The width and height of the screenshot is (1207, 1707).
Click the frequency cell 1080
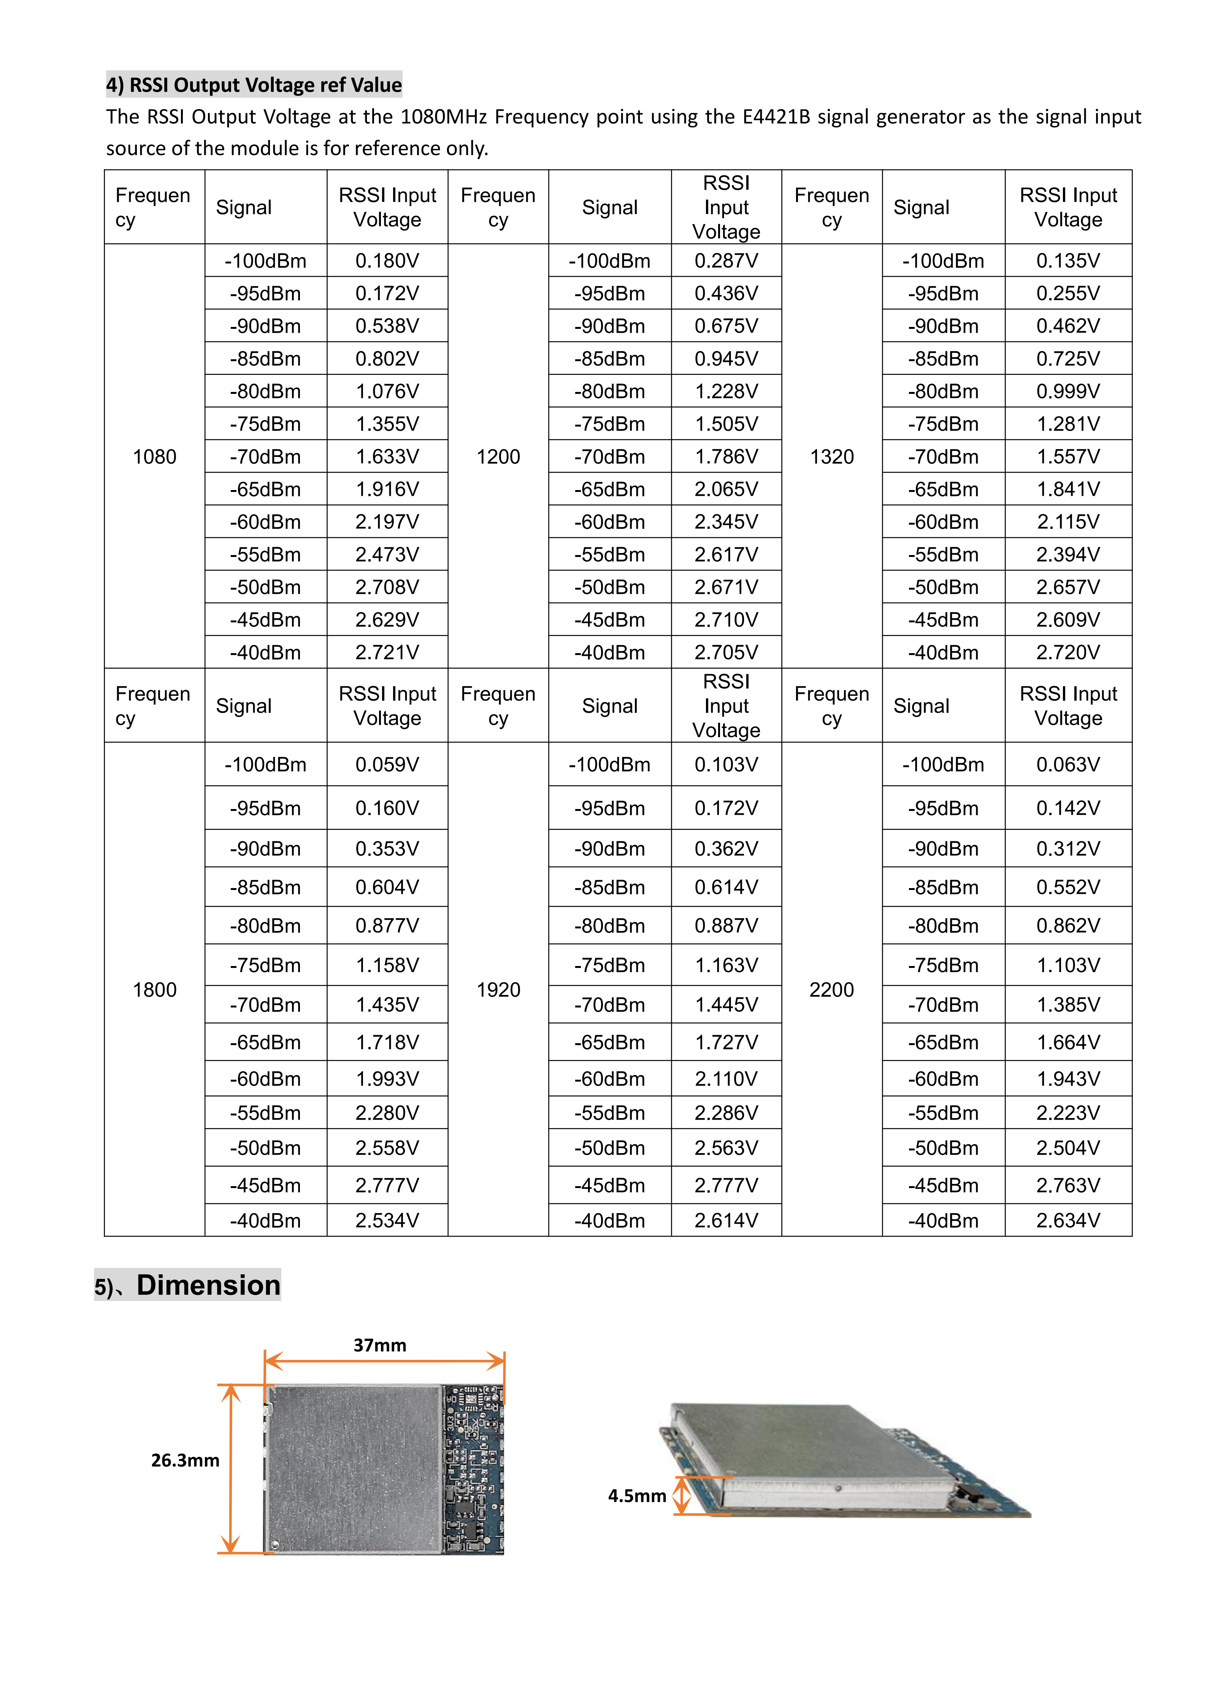pos(155,457)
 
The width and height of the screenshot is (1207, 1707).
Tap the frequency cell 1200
pos(498,457)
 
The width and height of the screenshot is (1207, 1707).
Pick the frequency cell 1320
pos(832,457)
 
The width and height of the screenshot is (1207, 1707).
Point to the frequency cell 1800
pos(155,990)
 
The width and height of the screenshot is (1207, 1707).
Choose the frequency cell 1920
pos(498,990)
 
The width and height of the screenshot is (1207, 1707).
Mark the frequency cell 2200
pos(832,990)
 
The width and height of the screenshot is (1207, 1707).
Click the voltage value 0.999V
pos(1068,391)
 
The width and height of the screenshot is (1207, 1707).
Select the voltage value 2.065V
pos(726,489)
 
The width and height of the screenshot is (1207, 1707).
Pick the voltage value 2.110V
pos(726,1079)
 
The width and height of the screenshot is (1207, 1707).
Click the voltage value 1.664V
pos(1068,1042)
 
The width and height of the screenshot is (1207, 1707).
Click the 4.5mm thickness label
pos(637,1496)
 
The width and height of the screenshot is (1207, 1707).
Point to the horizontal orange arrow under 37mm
pos(384,1362)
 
